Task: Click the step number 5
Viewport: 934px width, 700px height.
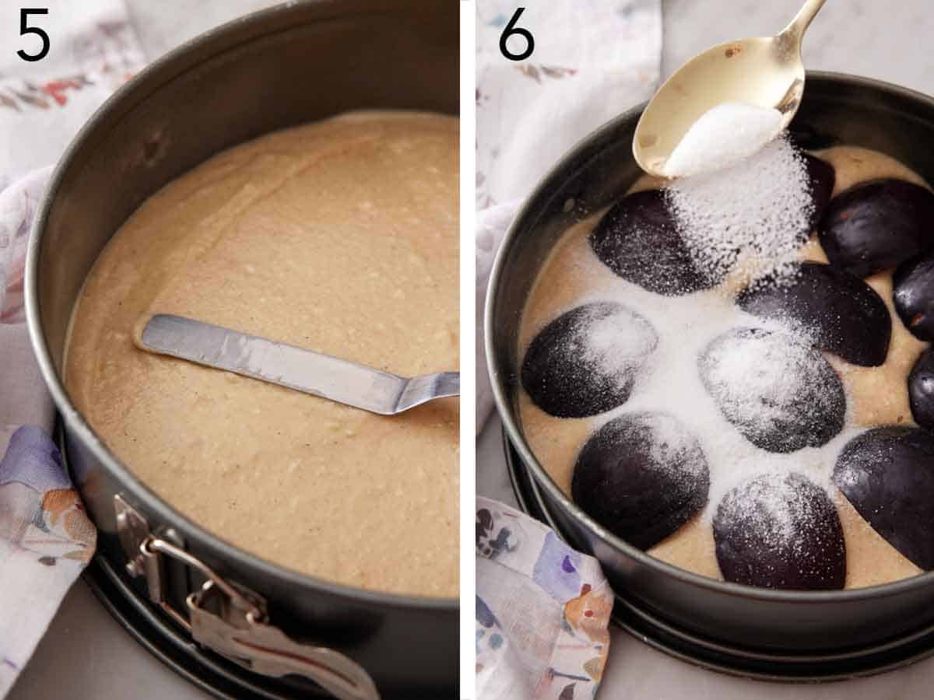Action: (33, 35)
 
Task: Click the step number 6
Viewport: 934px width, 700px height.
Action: (516, 35)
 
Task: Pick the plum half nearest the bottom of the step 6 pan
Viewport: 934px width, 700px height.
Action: (778, 533)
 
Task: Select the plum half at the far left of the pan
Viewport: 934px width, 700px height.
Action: (588, 359)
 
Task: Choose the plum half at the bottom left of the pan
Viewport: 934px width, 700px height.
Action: (640, 478)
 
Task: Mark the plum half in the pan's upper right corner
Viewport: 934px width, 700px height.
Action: (876, 226)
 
